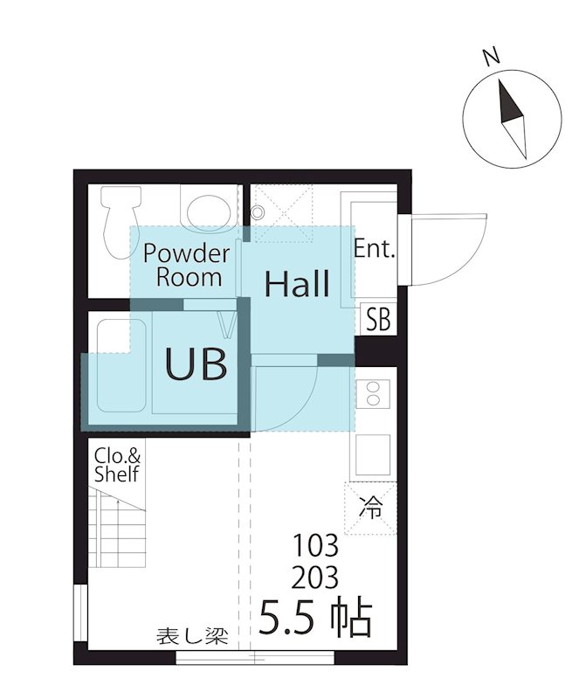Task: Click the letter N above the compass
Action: tap(492, 57)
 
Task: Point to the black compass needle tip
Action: tap(500, 80)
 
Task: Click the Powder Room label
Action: tap(187, 266)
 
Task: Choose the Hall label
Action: tap(297, 283)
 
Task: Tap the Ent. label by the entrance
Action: tap(375, 249)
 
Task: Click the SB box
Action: tap(378, 319)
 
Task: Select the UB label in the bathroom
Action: tap(196, 363)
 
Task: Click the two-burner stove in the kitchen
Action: tap(373, 392)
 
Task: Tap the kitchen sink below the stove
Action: tap(373, 454)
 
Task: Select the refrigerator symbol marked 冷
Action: tap(370, 509)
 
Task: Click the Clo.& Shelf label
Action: tap(117, 465)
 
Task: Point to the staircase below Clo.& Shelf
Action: tap(117, 528)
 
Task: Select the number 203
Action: tap(315, 578)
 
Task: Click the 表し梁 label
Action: tap(192, 637)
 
